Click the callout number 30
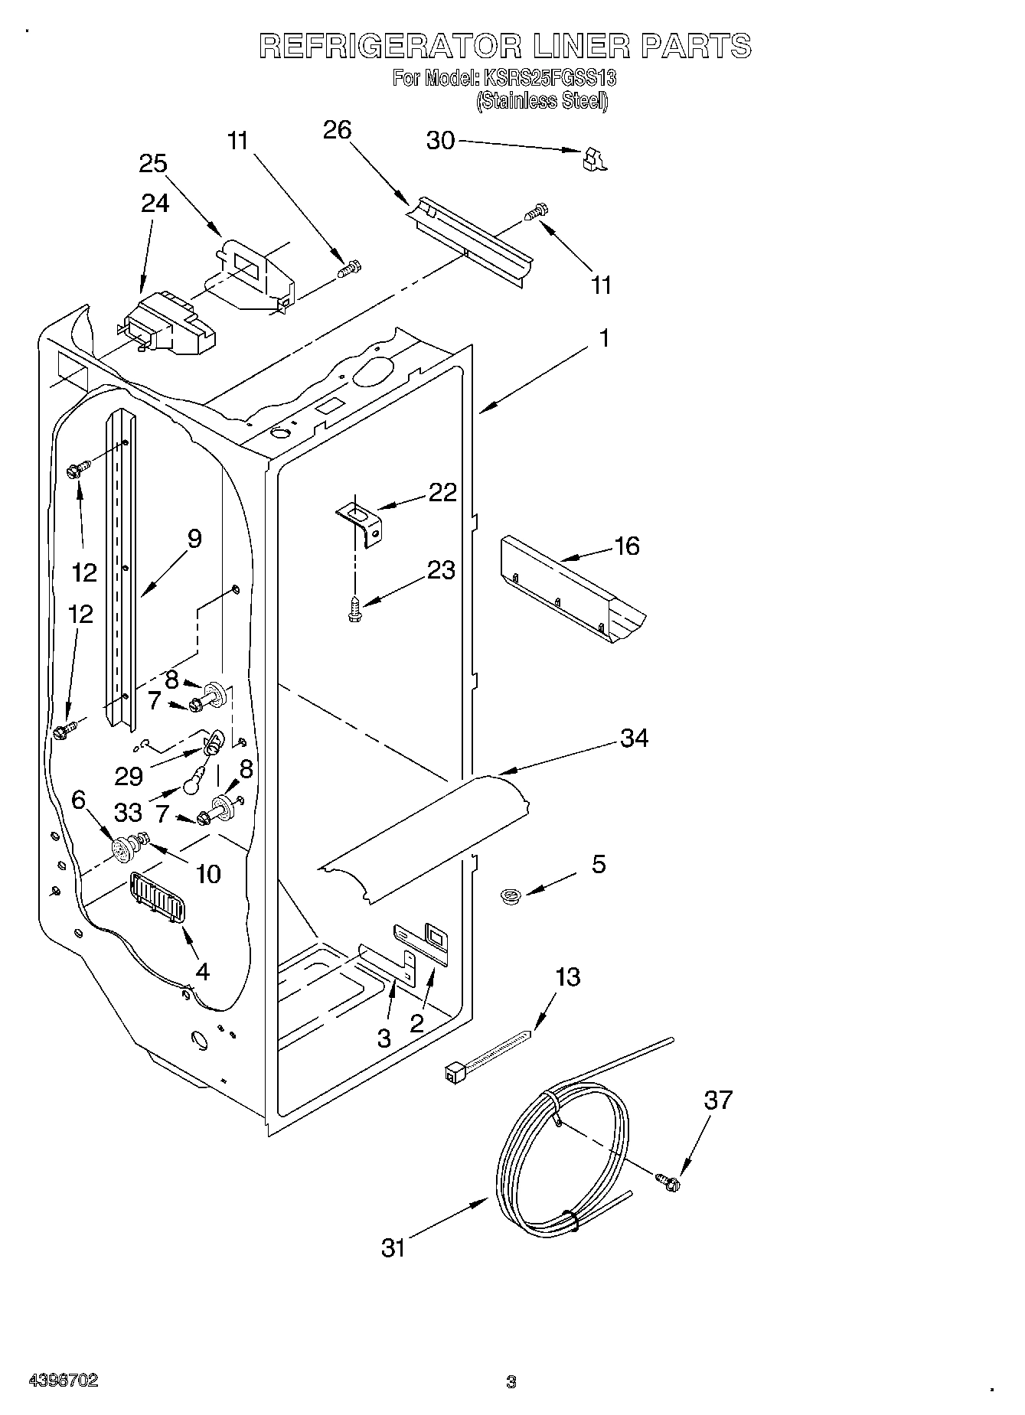(440, 141)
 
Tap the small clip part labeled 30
(592, 158)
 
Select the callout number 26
(337, 130)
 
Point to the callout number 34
(635, 738)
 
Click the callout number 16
(626, 546)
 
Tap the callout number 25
(153, 164)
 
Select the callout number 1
(604, 337)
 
